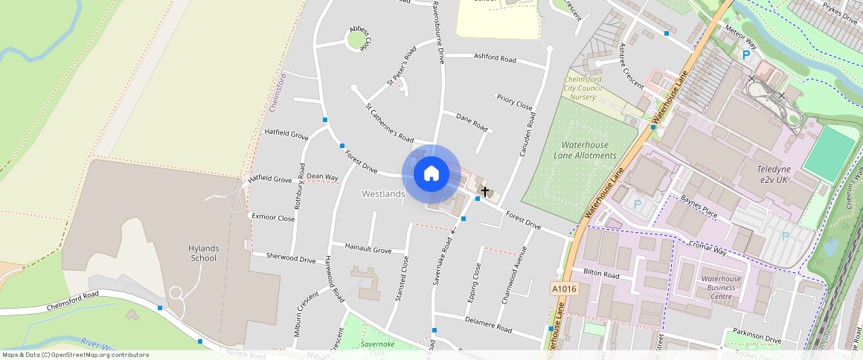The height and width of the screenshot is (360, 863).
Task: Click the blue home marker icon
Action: [x=431, y=174]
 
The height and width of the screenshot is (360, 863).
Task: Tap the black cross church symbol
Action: [x=485, y=192]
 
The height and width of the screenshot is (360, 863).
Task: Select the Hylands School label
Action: [x=202, y=253]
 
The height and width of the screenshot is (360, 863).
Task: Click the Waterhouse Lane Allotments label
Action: [x=585, y=150]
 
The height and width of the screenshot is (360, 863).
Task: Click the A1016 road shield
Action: [x=564, y=288]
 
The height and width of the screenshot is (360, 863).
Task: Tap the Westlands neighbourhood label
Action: [x=383, y=194]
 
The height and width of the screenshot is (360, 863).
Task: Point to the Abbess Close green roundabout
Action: [x=358, y=39]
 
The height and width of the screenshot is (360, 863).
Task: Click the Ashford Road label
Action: [x=495, y=58]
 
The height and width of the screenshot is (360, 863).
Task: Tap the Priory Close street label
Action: [x=515, y=101]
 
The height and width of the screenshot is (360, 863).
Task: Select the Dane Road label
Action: [x=472, y=122]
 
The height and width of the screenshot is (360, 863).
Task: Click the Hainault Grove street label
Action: [x=368, y=248]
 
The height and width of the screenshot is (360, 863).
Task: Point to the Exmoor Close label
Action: [x=273, y=218]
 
